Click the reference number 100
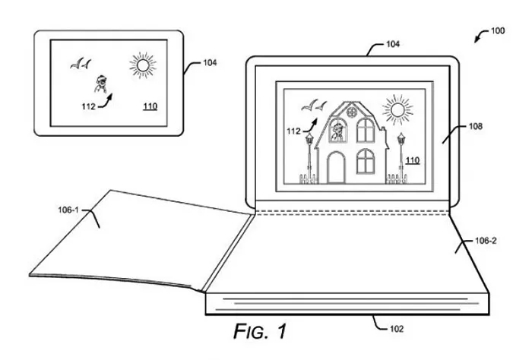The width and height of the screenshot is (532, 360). pyautogui.click(x=497, y=31)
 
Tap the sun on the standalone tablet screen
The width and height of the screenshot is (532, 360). pyautogui.click(x=141, y=64)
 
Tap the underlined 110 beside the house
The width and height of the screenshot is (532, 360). pyautogui.click(x=413, y=160)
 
